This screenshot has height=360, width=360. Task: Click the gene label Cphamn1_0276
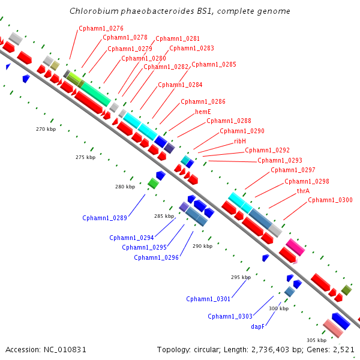[x=101, y=28]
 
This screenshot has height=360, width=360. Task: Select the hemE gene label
[x=203, y=112]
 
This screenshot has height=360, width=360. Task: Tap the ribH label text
[x=240, y=141]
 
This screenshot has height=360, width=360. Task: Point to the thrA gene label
[x=303, y=191]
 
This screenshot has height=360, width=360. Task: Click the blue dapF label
[x=257, y=326]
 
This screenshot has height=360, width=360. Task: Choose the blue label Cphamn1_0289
[x=104, y=218]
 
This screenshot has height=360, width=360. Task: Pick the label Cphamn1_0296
[x=157, y=257]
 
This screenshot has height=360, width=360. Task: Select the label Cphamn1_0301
[x=208, y=299]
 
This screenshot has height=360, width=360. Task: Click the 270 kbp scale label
[x=46, y=129]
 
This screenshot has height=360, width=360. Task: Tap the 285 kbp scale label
[x=164, y=216]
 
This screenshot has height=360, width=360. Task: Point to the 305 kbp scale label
[x=317, y=340]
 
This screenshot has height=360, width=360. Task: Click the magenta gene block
[x=295, y=247]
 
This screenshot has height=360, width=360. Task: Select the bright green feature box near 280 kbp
[x=153, y=183]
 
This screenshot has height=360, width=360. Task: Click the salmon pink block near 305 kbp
[x=333, y=328]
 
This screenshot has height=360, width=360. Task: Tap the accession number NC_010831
[x=65, y=350]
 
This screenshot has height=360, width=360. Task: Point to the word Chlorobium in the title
[x=94, y=11]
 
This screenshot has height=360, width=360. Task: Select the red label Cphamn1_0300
[x=330, y=200]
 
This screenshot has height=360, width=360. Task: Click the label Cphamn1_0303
[x=230, y=316]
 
